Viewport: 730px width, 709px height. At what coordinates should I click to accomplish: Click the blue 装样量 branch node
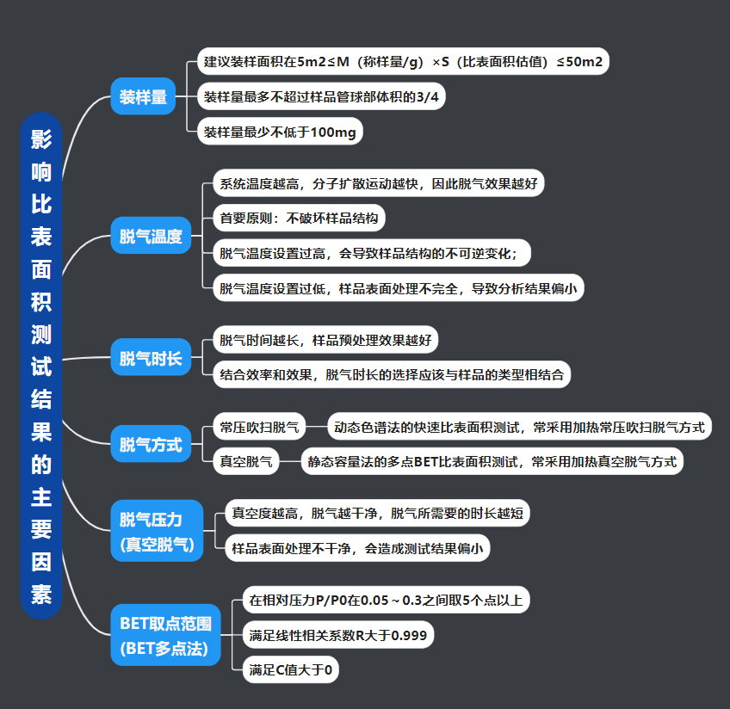[x=143, y=97]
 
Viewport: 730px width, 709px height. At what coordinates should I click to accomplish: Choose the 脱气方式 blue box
[x=151, y=445]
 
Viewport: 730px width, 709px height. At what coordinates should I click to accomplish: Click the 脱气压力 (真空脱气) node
[x=157, y=531]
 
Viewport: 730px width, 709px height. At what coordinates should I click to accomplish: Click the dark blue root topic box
[x=41, y=366]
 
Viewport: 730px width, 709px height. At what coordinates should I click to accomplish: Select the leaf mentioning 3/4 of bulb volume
[x=321, y=97]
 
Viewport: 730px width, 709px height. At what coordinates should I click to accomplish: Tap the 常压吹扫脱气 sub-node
[x=259, y=426]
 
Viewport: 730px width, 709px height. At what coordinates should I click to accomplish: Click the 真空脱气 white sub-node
[x=245, y=461]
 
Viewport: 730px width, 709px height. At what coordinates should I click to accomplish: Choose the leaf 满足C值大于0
[x=290, y=670]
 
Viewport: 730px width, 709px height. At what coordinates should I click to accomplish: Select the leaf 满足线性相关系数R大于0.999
[x=337, y=636]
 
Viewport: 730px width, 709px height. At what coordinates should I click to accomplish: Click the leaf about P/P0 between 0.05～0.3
[x=386, y=600]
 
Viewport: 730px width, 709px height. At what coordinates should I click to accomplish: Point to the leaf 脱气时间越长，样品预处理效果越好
[x=325, y=340]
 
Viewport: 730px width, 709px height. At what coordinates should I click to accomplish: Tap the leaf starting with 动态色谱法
[x=519, y=426]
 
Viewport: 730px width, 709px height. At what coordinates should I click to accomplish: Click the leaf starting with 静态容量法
[x=492, y=461]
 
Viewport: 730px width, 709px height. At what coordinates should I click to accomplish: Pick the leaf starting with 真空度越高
[x=376, y=514]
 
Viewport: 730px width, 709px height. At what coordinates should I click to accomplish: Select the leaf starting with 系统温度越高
[x=378, y=183]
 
